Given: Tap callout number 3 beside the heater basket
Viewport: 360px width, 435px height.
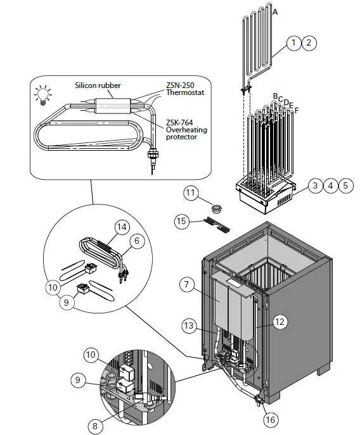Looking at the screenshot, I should (315, 186).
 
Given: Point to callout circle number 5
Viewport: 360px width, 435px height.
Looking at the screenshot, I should (345, 186).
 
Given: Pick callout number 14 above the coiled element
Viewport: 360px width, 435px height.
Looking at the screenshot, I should (121, 226).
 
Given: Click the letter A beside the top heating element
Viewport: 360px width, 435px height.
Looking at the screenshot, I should (274, 12).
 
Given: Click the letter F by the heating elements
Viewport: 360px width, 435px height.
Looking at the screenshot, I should (297, 110).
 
